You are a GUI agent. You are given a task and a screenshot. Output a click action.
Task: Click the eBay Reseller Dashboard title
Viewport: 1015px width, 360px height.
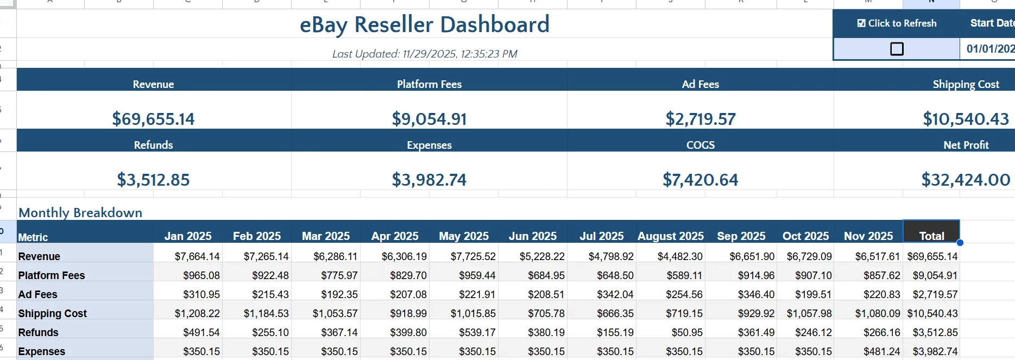click(424, 25)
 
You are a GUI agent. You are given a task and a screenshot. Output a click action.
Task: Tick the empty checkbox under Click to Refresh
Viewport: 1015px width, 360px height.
click(897, 49)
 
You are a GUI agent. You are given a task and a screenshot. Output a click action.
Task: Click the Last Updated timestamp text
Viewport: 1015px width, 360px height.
click(424, 54)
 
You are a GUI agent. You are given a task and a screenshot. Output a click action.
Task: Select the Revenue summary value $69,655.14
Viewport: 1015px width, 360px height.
click(153, 119)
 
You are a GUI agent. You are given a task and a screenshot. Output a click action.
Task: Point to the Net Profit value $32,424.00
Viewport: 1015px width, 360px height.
click(965, 180)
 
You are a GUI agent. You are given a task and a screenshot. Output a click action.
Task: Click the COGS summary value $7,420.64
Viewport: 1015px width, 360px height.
click(700, 180)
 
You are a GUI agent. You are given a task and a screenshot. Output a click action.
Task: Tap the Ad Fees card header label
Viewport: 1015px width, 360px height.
click(700, 84)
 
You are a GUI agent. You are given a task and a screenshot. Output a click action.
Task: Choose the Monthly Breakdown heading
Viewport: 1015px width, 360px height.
click(80, 212)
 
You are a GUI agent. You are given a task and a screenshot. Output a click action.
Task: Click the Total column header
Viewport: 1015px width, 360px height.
click(931, 236)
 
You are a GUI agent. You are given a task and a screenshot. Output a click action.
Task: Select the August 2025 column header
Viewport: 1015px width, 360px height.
click(670, 236)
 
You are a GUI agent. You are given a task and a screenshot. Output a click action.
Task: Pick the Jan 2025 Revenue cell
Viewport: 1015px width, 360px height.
click(197, 256)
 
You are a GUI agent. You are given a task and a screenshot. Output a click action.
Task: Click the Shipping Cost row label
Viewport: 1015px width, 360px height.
click(53, 313)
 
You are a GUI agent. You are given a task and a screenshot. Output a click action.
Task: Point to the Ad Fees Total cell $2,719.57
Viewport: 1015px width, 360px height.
click(935, 294)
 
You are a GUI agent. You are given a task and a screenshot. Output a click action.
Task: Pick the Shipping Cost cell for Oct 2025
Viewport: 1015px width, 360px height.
click(809, 313)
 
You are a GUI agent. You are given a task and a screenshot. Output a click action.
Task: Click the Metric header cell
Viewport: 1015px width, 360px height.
click(33, 237)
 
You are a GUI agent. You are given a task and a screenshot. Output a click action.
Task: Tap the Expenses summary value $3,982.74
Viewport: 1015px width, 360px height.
click(429, 180)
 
